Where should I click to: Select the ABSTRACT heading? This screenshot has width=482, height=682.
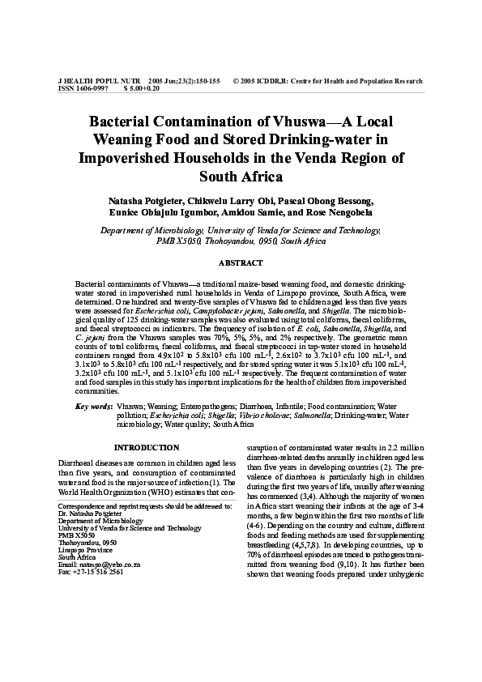(x=241, y=263)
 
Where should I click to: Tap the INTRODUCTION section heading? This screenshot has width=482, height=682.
(x=147, y=448)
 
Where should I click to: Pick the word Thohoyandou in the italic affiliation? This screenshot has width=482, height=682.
(x=211, y=241)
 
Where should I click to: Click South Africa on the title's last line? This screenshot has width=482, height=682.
(x=241, y=176)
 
